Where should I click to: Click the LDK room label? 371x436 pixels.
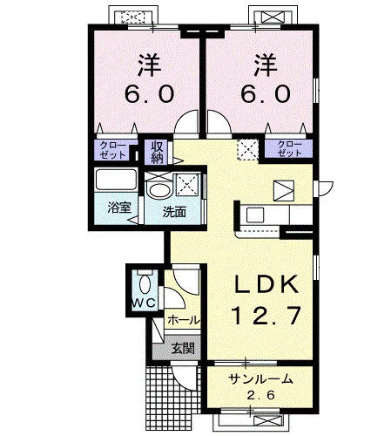(266, 284)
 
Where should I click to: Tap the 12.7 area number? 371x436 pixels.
(266, 316)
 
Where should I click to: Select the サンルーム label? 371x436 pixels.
(260, 379)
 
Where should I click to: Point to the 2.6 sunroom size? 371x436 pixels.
(260, 395)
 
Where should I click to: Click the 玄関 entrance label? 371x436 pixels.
(183, 348)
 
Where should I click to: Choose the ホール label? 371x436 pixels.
(184, 320)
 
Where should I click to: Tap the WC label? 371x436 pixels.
(144, 303)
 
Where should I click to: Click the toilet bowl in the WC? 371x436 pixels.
(145, 284)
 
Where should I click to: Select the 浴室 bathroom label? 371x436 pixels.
(119, 208)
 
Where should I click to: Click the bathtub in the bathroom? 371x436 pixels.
(116, 180)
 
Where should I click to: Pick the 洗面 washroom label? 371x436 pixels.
(174, 212)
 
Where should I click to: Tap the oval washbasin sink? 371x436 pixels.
(159, 191)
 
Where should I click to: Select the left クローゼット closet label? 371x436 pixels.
(112, 150)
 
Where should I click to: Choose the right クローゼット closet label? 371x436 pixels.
(290, 148)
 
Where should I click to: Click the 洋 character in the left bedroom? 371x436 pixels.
(149, 65)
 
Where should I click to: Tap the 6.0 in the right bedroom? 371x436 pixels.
(266, 93)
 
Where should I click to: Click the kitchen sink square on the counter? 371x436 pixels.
(255, 215)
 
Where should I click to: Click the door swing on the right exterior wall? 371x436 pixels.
(326, 188)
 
